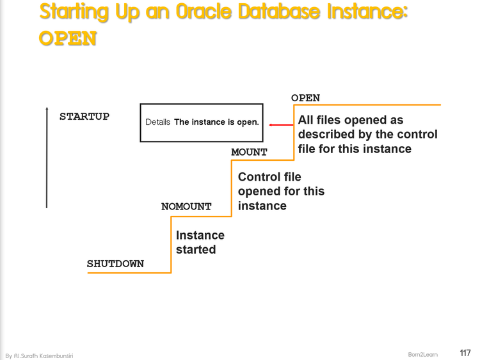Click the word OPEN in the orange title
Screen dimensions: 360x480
tap(68, 38)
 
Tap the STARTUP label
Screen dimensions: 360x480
tap(84, 117)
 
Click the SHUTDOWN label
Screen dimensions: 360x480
tap(115, 264)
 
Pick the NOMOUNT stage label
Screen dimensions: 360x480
tap(186, 206)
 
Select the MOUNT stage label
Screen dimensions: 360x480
tap(249, 152)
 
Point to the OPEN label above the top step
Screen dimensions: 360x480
tap(305, 98)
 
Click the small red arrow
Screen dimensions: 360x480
tap(280, 125)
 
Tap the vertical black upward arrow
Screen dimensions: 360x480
tap(47, 157)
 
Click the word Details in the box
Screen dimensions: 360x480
tap(158, 122)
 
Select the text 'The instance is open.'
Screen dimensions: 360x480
tap(216, 122)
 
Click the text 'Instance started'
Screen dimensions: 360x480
tap(200, 242)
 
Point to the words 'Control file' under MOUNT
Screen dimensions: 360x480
tap(269, 176)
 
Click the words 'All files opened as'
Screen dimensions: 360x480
tap(351, 120)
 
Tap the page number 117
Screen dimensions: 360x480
tap(465, 353)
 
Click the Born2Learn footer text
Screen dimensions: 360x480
tap(422, 354)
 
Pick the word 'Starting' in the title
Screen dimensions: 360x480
tap(76, 12)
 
